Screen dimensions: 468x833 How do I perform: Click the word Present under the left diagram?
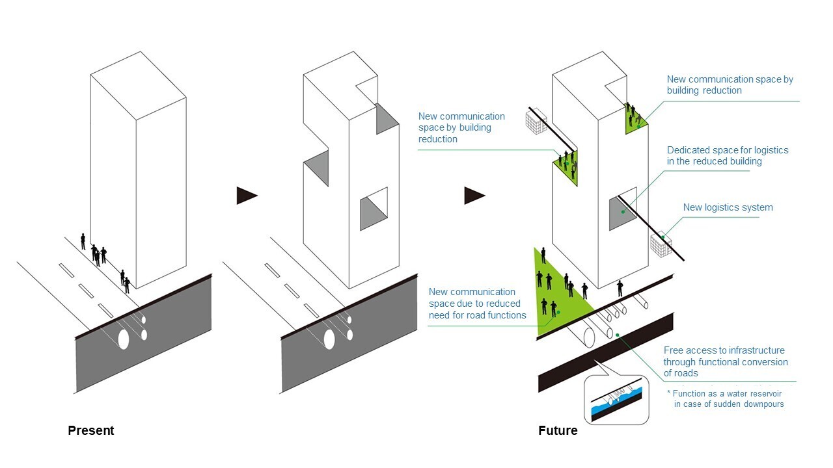pyautogui.click(x=90, y=430)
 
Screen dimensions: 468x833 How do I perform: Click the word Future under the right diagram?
pyautogui.click(x=558, y=430)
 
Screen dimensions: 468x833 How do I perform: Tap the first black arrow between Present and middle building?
pyautogui.click(x=246, y=195)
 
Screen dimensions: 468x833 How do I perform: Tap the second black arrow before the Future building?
pyautogui.click(x=474, y=195)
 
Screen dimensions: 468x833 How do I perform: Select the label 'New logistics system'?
pyautogui.click(x=728, y=208)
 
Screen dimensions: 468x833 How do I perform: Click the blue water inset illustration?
pyautogui.click(x=616, y=400)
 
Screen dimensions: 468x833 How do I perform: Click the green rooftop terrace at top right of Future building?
pyautogui.click(x=633, y=120)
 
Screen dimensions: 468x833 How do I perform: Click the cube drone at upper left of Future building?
pyautogui.click(x=536, y=123)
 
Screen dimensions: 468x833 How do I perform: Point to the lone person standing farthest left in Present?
pyautogui.click(x=83, y=241)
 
